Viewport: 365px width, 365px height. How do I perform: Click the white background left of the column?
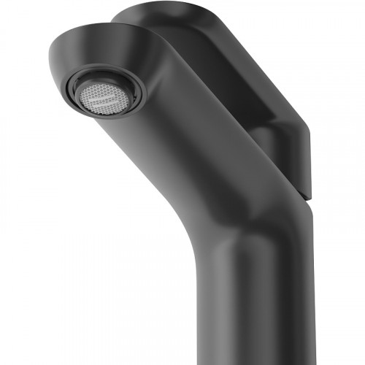(x=109, y=292)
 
